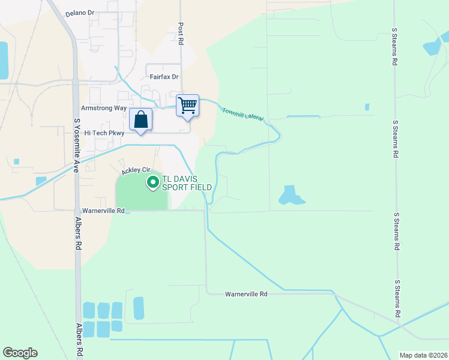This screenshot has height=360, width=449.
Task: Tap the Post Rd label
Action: click(180, 34)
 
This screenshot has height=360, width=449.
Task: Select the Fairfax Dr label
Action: click(164, 77)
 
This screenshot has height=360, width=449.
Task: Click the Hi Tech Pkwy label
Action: click(104, 133)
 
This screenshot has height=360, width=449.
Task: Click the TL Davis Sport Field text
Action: click(188, 183)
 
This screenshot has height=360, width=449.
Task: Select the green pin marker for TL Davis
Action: click(152, 182)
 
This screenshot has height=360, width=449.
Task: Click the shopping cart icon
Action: click(188, 106)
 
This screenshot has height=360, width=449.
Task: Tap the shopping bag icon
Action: click(140, 120)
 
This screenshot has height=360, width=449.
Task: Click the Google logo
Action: click(20, 353)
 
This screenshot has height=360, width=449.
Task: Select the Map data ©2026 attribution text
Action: click(423, 355)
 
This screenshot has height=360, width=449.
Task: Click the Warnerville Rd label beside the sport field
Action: click(103, 211)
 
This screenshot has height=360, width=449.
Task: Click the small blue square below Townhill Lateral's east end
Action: click(367, 107)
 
